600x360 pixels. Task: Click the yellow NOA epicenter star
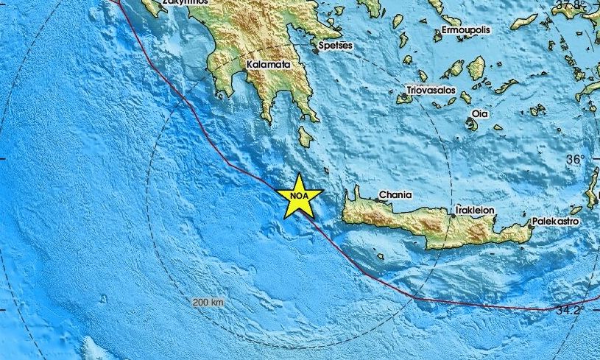[299, 195]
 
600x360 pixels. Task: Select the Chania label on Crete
[395, 195]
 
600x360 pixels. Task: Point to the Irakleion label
[475, 210]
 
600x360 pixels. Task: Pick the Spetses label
[336, 46]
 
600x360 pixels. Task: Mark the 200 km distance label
[208, 303]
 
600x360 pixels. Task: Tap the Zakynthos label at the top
[185, 2]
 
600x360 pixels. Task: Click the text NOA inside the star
[299, 197]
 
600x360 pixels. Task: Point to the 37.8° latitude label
[571, 6]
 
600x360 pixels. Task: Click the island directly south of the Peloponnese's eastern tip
[306, 136]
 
